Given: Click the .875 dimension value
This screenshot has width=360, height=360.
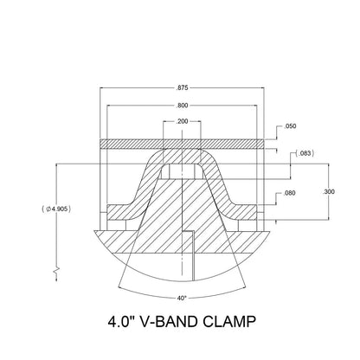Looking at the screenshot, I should pyautogui.click(x=181, y=87).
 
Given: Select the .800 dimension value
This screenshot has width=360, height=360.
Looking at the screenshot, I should pyautogui.click(x=181, y=105).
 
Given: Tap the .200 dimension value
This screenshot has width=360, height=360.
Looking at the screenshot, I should pyautogui.click(x=181, y=121).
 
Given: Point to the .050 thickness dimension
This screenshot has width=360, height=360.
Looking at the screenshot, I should pyautogui.click(x=292, y=126).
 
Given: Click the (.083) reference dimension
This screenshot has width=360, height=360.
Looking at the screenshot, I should pyautogui.click(x=302, y=153).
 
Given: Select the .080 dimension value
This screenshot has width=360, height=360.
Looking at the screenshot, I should pyautogui.click(x=290, y=194).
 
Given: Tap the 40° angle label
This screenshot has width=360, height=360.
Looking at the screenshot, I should pyautogui.click(x=181, y=298).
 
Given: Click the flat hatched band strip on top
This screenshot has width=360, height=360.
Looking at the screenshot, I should pyautogui.click(x=181, y=142).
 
